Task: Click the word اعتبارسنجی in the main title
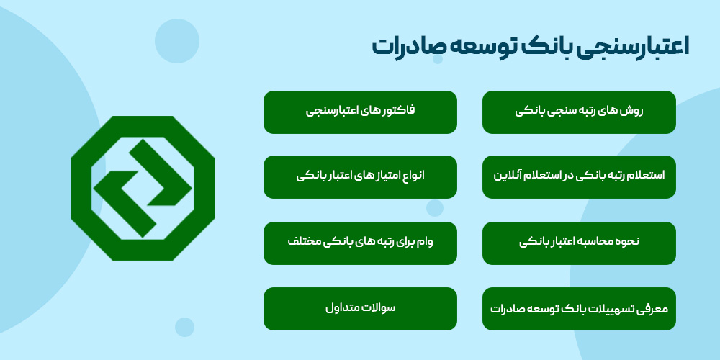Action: pyautogui.click(x=629, y=46)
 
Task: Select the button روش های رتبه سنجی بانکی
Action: pyautogui.click(x=579, y=112)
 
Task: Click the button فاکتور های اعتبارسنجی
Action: pyautogui.click(x=360, y=112)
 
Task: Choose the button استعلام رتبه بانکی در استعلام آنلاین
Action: pyautogui.click(x=579, y=177)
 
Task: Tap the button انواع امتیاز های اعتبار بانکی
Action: pyautogui.click(x=360, y=177)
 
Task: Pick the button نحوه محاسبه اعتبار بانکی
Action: pyautogui.click(x=579, y=243)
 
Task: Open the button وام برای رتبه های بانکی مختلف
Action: pyautogui.click(x=360, y=243)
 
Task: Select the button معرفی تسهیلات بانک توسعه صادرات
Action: pyautogui.click(x=579, y=309)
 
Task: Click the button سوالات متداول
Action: pyautogui.click(x=360, y=309)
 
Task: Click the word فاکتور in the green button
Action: pyautogui.click(x=398, y=112)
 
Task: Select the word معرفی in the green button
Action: pyautogui.click(x=653, y=309)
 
